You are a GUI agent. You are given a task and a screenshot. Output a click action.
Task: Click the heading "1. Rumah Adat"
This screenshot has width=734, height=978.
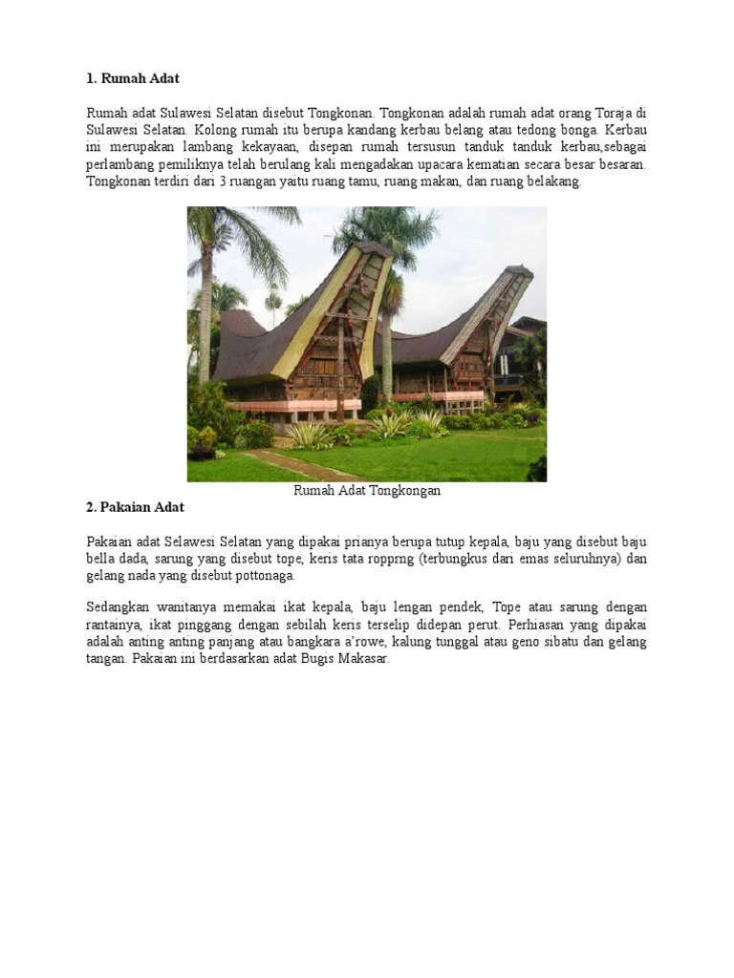(133, 77)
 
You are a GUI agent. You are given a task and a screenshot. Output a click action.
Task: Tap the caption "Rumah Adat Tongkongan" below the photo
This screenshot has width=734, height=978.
(366, 491)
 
